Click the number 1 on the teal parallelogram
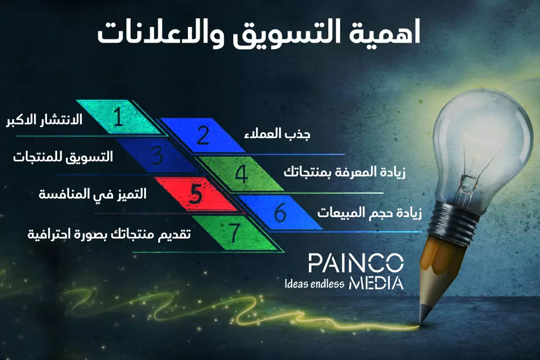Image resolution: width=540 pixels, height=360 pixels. [119, 117]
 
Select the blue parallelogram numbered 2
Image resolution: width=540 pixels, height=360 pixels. [202, 135]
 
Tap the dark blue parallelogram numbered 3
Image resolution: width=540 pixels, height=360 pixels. [157, 155]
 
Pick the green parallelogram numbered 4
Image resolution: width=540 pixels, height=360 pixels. [241, 174]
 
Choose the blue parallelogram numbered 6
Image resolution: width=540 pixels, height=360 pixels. [280, 213]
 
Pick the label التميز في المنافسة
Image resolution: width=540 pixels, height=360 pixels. [92, 193]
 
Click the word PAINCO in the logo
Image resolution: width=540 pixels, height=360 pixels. [355, 263]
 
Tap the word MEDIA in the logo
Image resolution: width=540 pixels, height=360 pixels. [376, 283]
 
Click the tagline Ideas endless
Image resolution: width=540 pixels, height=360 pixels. [314, 284]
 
